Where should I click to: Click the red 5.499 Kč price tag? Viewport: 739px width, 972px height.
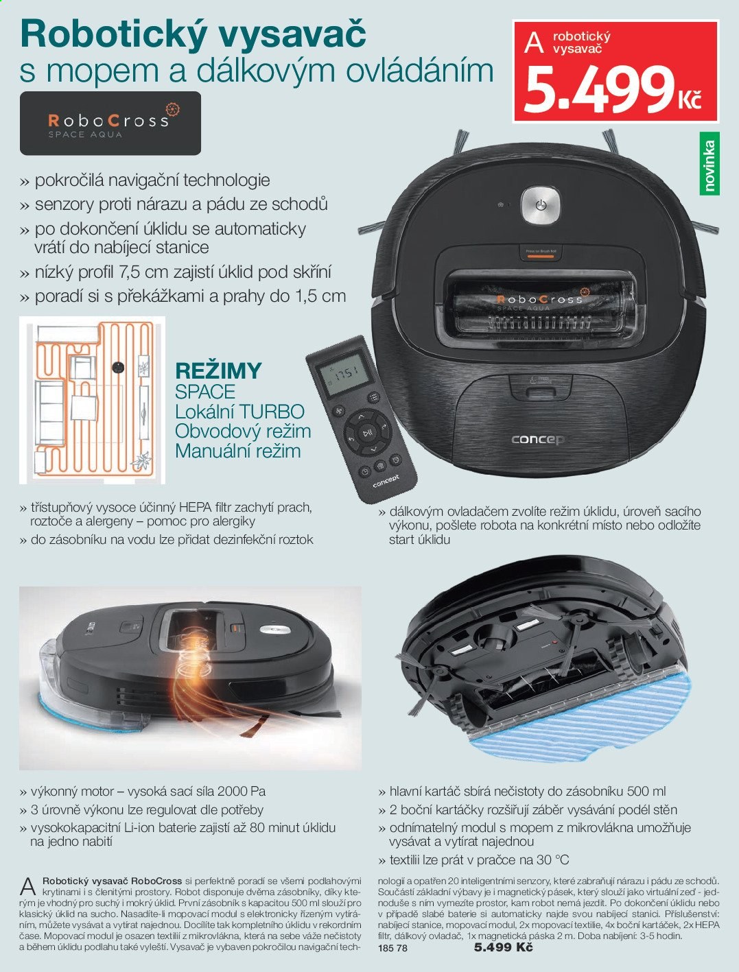[x=615, y=71]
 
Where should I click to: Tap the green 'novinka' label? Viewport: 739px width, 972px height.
[x=709, y=164]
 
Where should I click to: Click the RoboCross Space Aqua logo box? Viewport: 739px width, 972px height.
[x=110, y=123]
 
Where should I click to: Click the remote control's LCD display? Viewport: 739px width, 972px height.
[x=342, y=376]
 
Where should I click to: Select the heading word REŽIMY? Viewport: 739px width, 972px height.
[x=219, y=371]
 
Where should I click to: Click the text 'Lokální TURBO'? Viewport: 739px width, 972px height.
[x=240, y=412]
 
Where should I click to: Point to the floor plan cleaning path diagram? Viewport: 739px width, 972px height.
[x=92, y=400]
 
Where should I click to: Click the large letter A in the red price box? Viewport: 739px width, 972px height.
[x=534, y=43]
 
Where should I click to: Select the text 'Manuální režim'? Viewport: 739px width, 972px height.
[x=238, y=451]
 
